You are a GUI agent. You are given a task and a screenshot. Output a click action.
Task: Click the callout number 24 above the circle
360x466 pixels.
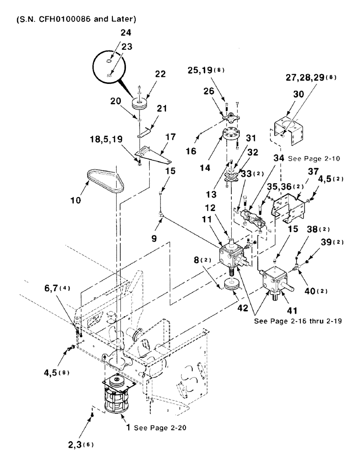click(x=112, y=33)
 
